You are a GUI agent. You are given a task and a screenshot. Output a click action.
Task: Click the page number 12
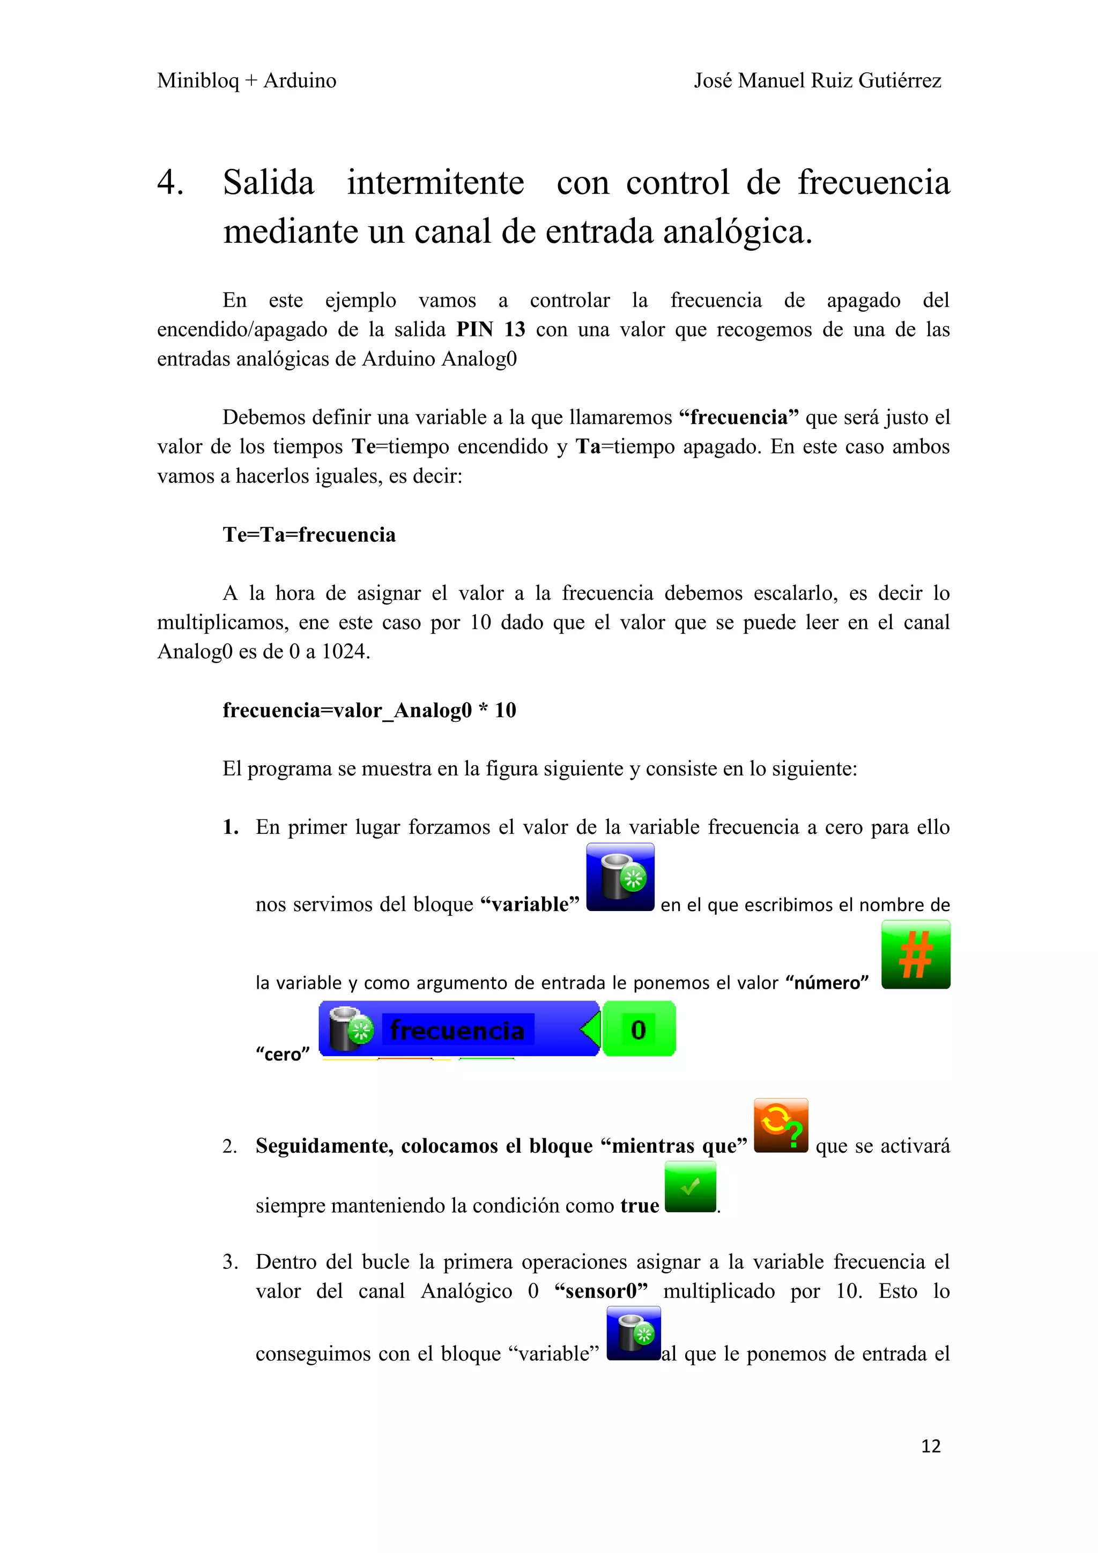coord(930,1445)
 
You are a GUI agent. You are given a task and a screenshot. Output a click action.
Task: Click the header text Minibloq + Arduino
coord(246,80)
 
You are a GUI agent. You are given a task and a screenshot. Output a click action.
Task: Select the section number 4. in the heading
coord(170,183)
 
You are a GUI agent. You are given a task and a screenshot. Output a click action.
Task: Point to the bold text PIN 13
coord(491,330)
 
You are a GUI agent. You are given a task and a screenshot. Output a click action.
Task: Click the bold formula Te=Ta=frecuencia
coord(309,534)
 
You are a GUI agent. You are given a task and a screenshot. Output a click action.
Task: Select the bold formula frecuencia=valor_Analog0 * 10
coord(369,710)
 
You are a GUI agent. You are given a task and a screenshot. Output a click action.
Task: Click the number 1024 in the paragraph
coord(344,651)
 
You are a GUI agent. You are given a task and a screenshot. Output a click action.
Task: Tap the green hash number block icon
coord(915,954)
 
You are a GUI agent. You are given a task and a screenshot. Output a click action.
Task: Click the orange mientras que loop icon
coord(781,1125)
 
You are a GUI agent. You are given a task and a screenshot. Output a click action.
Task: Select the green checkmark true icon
coord(690,1186)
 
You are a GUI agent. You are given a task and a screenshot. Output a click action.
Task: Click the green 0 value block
coord(639,1029)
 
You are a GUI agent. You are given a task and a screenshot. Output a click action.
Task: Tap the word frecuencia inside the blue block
coord(457,1030)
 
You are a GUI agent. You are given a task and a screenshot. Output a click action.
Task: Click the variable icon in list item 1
coord(620,877)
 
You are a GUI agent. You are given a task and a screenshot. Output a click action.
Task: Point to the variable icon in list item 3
coord(633,1333)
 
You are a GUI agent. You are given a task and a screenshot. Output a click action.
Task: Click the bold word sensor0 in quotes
coord(601,1291)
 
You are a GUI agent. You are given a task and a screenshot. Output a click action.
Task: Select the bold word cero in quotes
coord(283,1054)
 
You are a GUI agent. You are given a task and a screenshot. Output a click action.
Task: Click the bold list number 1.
coord(231,827)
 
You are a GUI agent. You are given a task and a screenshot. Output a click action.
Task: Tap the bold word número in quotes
coord(827,982)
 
